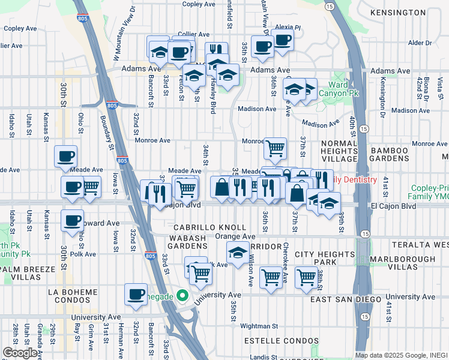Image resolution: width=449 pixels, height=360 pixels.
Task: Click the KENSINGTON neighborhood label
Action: (398, 13)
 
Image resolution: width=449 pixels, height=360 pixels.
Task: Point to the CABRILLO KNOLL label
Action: (209, 228)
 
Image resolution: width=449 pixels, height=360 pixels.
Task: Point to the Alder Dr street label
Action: (420, 43)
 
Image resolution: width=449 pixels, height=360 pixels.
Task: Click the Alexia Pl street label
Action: (288, 28)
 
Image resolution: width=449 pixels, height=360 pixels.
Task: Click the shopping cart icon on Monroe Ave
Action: (275, 148)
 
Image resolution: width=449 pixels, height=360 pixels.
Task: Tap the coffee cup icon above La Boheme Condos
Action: (136, 294)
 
